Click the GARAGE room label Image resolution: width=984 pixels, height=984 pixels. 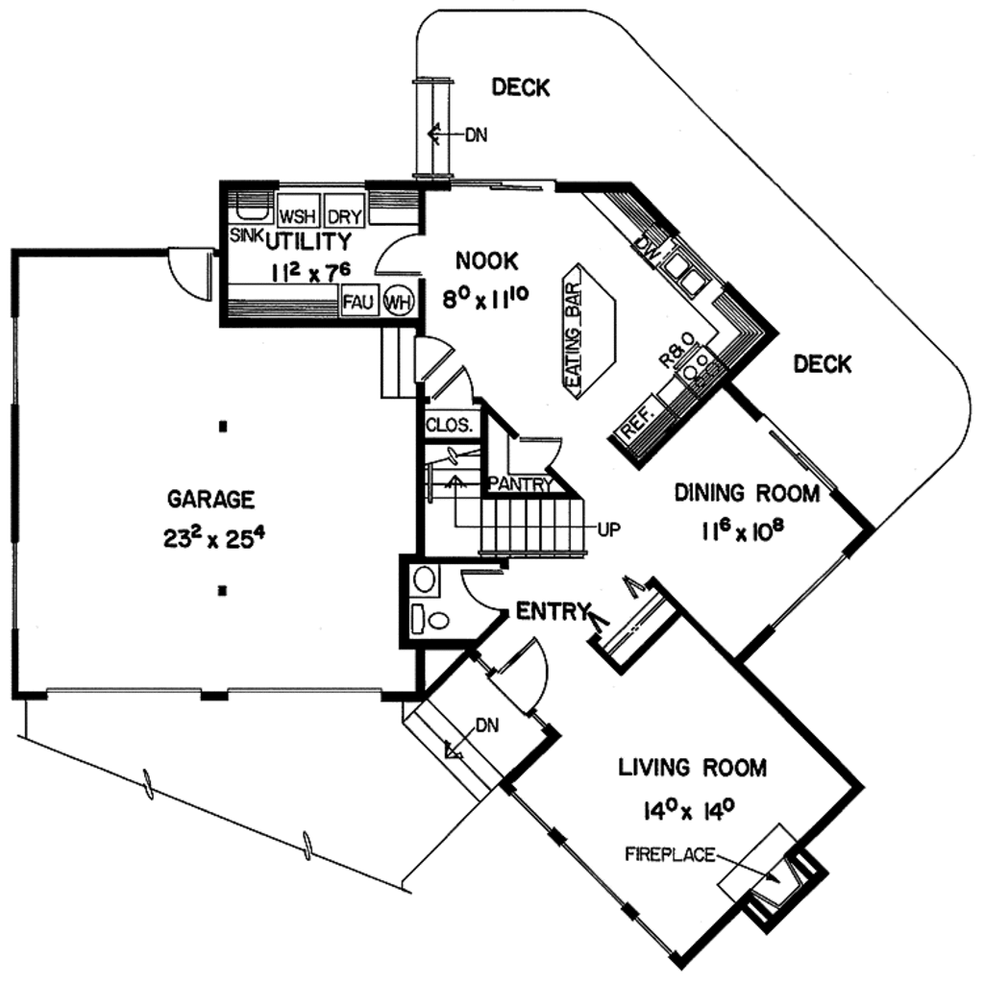pos(211,499)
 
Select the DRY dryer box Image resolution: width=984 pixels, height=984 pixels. pos(343,215)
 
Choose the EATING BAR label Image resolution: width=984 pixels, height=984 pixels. pos(575,340)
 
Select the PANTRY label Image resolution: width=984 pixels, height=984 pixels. pos(519,484)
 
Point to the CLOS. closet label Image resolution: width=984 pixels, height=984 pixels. pos(449,426)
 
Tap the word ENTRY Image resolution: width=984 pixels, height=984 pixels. pos(551,610)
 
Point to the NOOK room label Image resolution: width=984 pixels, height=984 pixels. pos(487,260)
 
